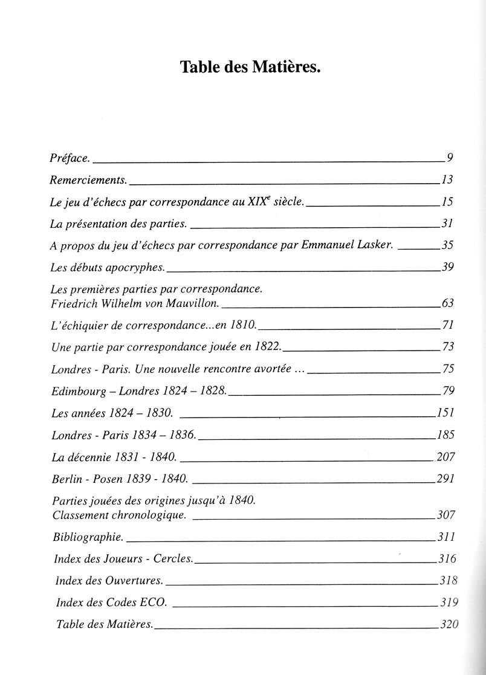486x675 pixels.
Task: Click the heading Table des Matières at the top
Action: pos(250,68)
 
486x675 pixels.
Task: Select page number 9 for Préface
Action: pos(450,158)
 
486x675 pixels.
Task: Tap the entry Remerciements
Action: pos(88,179)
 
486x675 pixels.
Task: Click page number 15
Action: pos(447,202)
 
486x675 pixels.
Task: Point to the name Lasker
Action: pos(376,245)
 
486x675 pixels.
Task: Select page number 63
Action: pos(447,303)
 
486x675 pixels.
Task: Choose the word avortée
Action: pos(271,369)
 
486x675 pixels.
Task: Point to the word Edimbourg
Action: pos(76,390)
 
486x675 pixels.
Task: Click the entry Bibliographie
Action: pos(88,537)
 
